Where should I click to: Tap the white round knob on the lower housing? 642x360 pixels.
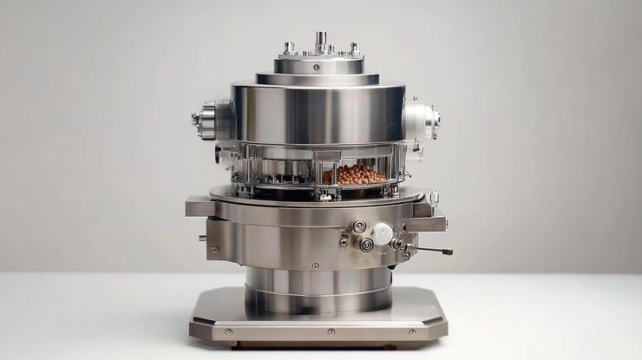coord(382,232)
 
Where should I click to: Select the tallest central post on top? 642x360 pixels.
coord(320,40)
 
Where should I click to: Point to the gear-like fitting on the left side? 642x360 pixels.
coord(206,119)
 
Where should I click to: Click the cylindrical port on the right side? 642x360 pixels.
coord(423,119)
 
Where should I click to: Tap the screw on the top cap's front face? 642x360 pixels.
coord(317,67)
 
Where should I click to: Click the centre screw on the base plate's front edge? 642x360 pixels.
coord(331,331)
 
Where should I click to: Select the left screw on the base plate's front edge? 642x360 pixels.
coord(228,331)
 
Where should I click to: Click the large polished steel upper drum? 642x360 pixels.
coord(317,113)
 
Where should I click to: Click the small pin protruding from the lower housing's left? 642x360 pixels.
coord(202,237)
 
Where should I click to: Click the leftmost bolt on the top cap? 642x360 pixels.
coord(290,48)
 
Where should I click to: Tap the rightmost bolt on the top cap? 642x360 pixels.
coord(353,47)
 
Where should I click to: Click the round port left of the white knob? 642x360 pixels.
coord(359,226)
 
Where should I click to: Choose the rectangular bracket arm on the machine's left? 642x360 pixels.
coord(199,207)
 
